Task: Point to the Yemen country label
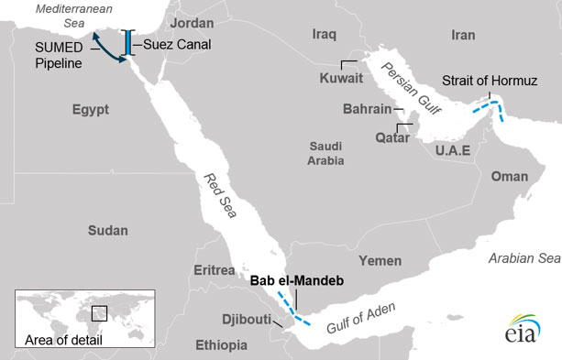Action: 380,260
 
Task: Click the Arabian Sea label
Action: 523,258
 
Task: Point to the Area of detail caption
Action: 64,340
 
